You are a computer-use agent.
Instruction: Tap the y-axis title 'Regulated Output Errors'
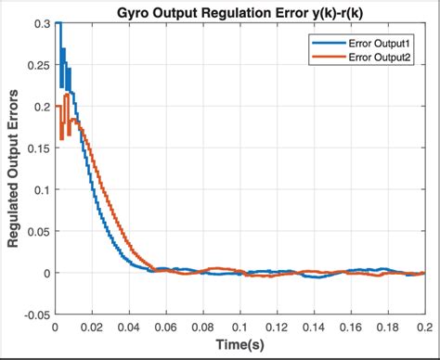point(14,169)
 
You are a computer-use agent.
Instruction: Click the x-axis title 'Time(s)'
point(239,346)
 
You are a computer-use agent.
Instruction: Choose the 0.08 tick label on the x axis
point(202,327)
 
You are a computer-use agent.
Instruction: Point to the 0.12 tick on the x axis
point(276,327)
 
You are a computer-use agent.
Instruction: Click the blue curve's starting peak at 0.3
point(58,24)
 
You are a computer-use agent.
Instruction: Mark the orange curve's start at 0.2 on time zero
point(57,107)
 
